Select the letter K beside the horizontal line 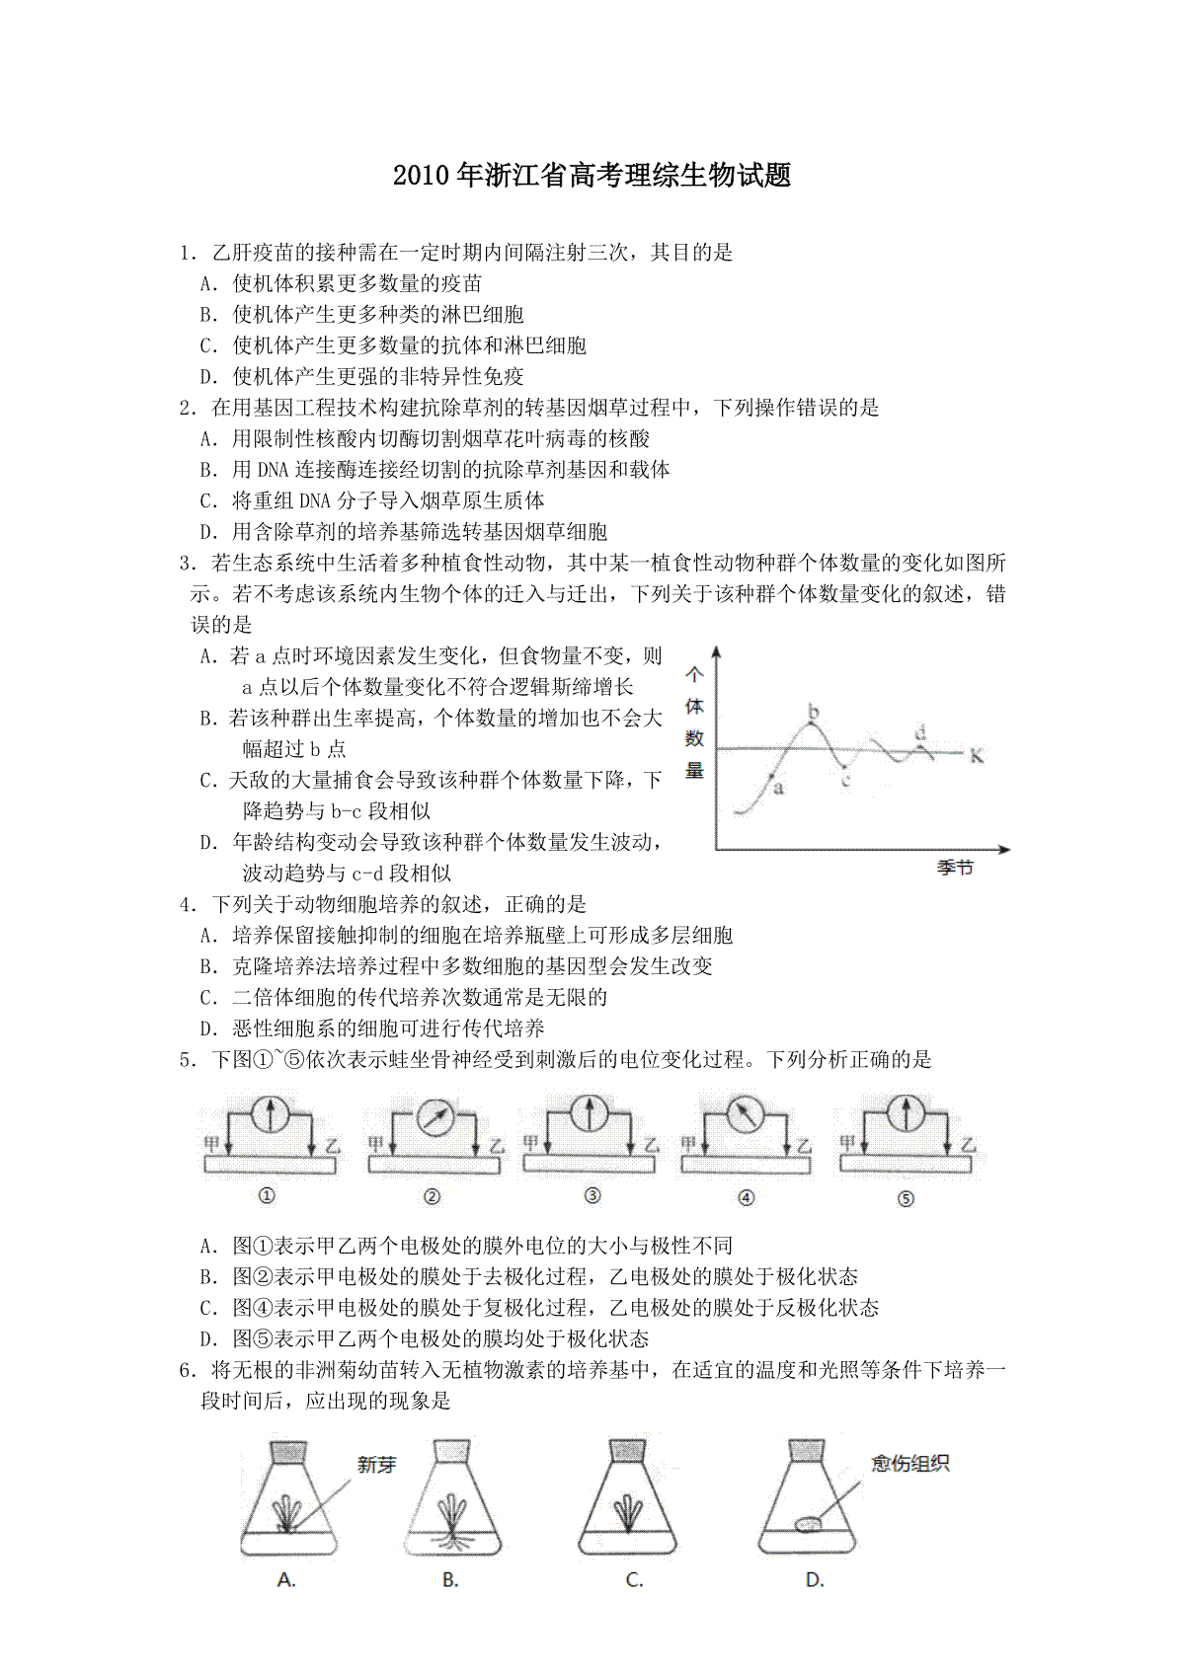click(x=977, y=756)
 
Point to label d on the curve click(x=920, y=732)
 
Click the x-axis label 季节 click(x=955, y=868)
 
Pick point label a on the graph click(x=778, y=788)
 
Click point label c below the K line click(x=846, y=780)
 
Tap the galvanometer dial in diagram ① click(x=270, y=1114)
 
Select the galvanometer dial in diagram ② click(x=434, y=1118)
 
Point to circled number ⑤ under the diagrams click(x=906, y=1199)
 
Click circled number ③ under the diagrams click(x=592, y=1196)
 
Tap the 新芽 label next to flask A click(x=376, y=1466)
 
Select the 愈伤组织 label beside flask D click(x=909, y=1464)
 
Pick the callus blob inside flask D click(x=809, y=1525)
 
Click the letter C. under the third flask click(x=634, y=1580)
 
